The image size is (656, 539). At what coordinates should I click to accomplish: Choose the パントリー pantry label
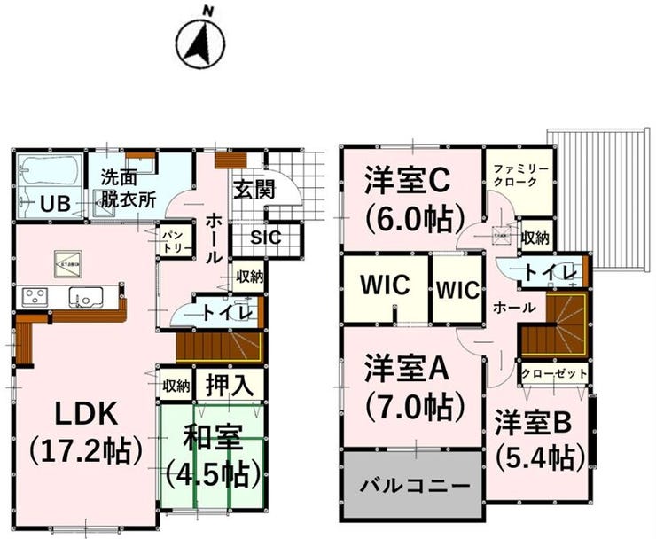pos(171,241)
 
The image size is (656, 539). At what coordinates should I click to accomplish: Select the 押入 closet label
pos(229,386)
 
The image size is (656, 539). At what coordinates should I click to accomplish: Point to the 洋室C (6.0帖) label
pos(410,198)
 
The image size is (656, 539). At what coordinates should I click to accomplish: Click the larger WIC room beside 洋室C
pos(385,286)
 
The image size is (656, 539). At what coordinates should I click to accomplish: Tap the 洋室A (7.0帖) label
pos(410,387)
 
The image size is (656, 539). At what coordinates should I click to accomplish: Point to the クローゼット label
pos(554,374)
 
